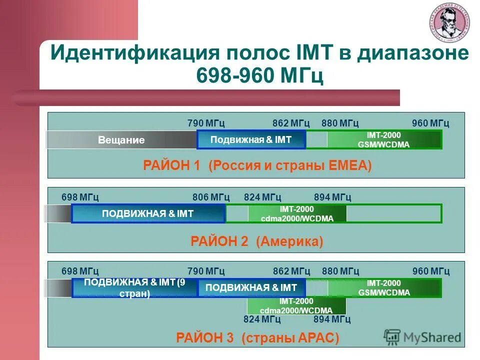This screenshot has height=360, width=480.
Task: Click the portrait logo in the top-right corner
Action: (448, 25)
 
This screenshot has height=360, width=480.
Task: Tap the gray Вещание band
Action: (121, 140)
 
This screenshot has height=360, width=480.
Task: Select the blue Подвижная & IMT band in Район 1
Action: (251, 139)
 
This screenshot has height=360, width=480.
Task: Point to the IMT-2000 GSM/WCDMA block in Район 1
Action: (383, 139)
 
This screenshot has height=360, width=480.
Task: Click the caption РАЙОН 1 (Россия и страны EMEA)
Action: (257, 166)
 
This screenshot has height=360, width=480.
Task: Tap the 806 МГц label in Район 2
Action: (211, 197)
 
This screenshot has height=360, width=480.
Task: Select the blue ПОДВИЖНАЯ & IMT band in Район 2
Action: (148, 214)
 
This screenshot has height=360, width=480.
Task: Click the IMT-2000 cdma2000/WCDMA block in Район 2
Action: (297, 214)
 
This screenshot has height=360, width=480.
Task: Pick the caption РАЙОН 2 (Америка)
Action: (257, 242)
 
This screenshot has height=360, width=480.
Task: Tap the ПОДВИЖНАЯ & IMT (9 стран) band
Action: (135, 288)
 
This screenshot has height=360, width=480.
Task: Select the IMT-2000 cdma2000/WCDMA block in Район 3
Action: (296, 305)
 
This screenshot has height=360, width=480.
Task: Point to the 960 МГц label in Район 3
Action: (431, 271)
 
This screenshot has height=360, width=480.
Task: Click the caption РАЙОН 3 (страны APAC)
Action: (257, 338)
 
